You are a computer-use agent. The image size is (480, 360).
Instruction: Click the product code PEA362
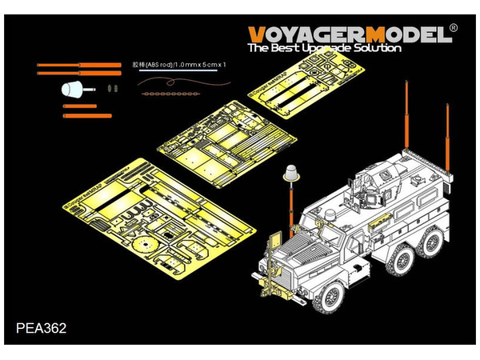click(x=41, y=326)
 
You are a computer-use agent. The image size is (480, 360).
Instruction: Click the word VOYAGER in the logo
click(x=300, y=34)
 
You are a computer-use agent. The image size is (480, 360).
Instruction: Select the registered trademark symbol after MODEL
click(x=453, y=28)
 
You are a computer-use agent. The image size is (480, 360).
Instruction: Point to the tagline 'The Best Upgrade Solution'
click(x=324, y=48)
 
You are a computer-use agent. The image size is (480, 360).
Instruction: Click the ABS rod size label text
click(x=179, y=64)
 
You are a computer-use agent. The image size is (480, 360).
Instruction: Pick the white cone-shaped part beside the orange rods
click(x=73, y=89)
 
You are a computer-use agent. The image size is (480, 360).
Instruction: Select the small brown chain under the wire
click(x=167, y=93)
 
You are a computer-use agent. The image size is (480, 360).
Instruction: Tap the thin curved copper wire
click(x=172, y=80)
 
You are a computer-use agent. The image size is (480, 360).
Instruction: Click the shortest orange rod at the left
click(x=79, y=106)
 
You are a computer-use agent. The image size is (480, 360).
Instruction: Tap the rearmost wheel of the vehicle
click(x=437, y=244)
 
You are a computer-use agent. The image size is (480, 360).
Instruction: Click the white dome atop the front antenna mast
click(x=289, y=172)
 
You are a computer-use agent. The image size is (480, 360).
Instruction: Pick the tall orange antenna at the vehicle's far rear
click(x=448, y=144)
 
